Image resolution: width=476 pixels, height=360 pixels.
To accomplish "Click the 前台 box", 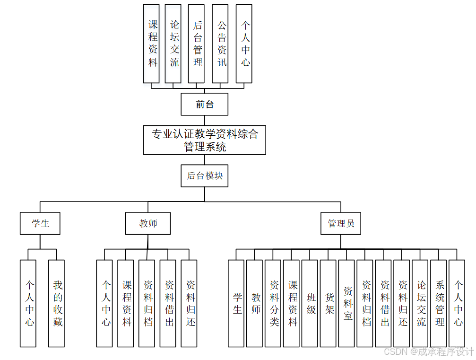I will click(204, 105).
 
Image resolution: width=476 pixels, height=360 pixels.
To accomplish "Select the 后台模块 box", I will click(204, 176).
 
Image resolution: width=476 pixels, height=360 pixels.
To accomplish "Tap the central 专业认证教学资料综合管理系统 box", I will click(204, 140).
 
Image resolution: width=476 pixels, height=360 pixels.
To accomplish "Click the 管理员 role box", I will click(340, 223).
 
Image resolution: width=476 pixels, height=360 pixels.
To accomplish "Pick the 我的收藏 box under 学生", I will click(57, 303).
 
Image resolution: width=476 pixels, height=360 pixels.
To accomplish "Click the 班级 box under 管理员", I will click(310, 303).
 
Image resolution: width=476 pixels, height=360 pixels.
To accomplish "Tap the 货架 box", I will click(328, 303).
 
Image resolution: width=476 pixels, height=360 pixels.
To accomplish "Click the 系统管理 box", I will click(438, 303).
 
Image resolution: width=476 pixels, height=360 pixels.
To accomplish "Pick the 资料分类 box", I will click(273, 303).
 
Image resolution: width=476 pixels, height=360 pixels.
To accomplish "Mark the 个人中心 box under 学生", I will click(28, 303).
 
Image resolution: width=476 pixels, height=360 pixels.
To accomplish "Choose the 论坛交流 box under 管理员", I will click(420, 303).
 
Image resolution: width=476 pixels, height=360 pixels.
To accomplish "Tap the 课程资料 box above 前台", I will click(152, 44).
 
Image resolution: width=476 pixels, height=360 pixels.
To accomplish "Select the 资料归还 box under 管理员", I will click(401, 303).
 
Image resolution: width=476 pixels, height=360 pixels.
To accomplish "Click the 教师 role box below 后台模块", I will click(148, 223).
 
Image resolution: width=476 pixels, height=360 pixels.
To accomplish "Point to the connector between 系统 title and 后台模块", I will click(204, 159).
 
